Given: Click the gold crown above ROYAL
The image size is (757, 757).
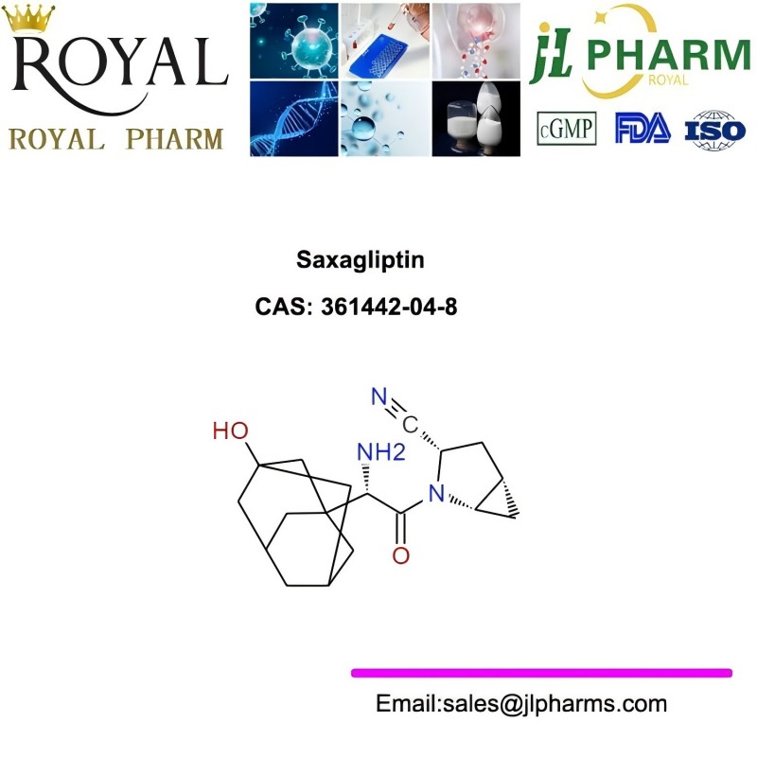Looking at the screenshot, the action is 28,18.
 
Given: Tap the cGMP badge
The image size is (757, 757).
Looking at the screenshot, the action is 566,129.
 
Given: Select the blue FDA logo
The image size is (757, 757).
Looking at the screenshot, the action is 643,128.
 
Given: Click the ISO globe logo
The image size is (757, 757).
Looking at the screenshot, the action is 715,130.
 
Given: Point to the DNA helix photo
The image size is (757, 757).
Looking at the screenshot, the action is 294,119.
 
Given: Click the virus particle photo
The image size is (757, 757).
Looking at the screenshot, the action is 294,41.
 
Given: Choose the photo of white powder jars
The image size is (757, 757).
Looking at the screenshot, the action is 476,119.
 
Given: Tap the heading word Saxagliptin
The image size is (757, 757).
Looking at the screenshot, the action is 361,260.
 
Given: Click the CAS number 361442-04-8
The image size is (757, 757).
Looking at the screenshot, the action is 389,307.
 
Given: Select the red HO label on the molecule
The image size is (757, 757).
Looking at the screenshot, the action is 231,431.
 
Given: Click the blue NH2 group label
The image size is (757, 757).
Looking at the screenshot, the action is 381,452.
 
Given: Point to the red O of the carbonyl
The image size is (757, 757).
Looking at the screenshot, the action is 400,555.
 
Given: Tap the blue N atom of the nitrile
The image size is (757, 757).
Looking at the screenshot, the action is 379,396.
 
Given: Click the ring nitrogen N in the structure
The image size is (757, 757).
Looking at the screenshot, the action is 436,493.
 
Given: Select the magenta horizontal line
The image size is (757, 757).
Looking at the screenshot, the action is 541,673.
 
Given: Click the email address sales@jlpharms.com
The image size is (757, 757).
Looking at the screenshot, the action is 555,703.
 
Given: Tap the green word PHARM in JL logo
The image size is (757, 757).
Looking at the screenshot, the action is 669,56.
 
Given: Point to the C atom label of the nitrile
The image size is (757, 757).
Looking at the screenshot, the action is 410,425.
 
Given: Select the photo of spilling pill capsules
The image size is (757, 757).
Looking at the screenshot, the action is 476,41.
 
